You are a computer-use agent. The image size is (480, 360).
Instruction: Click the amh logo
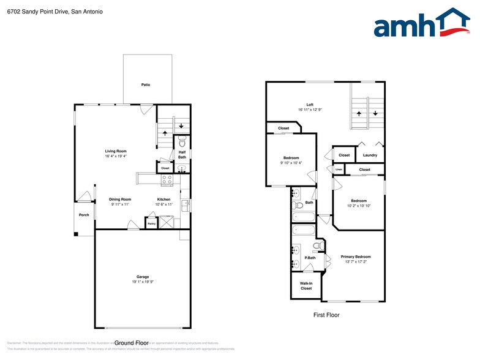click(422, 24)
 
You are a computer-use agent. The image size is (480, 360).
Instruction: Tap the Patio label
click(146, 84)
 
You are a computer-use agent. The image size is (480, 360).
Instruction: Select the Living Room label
click(116, 151)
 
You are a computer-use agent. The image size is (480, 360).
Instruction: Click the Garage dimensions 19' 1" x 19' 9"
click(143, 282)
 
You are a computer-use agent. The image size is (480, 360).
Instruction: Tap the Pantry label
click(151, 223)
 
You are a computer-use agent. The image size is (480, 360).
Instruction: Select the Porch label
click(84, 215)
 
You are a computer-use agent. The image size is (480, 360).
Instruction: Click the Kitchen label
click(163, 199)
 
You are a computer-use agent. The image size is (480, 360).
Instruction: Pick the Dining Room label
click(120, 199)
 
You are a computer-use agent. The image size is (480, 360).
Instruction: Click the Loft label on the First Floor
click(310, 105)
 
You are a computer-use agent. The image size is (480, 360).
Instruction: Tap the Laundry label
click(370, 155)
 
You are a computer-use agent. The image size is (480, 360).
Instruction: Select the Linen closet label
click(339, 170)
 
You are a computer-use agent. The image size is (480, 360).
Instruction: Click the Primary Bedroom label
click(356, 257)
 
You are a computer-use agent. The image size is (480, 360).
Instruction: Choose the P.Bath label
click(310, 258)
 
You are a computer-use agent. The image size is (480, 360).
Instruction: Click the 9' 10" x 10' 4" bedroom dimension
click(290, 163)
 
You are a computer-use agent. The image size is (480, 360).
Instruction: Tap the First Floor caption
click(326, 315)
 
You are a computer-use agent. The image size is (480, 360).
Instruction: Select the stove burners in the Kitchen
click(167, 179)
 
